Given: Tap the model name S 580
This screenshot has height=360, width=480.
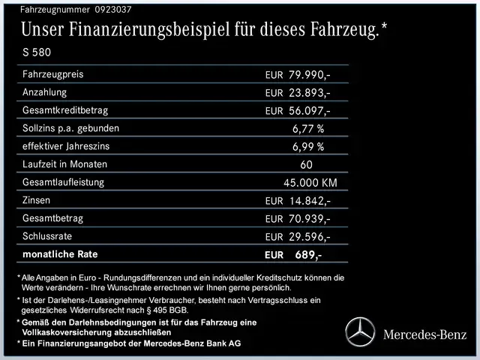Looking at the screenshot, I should [x=38, y=53].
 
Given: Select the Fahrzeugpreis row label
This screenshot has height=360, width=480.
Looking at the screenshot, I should [x=53, y=74].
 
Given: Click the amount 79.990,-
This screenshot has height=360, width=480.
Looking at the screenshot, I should [x=309, y=75].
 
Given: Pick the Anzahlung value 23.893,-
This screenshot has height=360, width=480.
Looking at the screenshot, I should [x=309, y=93].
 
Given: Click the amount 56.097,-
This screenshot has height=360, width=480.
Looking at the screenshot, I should [x=309, y=111].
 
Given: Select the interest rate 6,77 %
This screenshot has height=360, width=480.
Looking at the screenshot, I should [x=307, y=129].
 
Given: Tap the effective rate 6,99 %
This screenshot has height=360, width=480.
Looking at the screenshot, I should [x=307, y=147].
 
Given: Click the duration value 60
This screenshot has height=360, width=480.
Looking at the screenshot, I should [x=306, y=165].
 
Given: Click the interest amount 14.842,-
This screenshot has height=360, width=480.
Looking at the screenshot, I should [x=309, y=201].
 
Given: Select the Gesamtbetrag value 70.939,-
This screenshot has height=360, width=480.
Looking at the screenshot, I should [x=309, y=219].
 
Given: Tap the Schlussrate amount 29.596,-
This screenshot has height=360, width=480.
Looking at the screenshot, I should [x=309, y=237].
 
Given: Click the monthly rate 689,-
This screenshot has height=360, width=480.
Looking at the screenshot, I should [x=308, y=255].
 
